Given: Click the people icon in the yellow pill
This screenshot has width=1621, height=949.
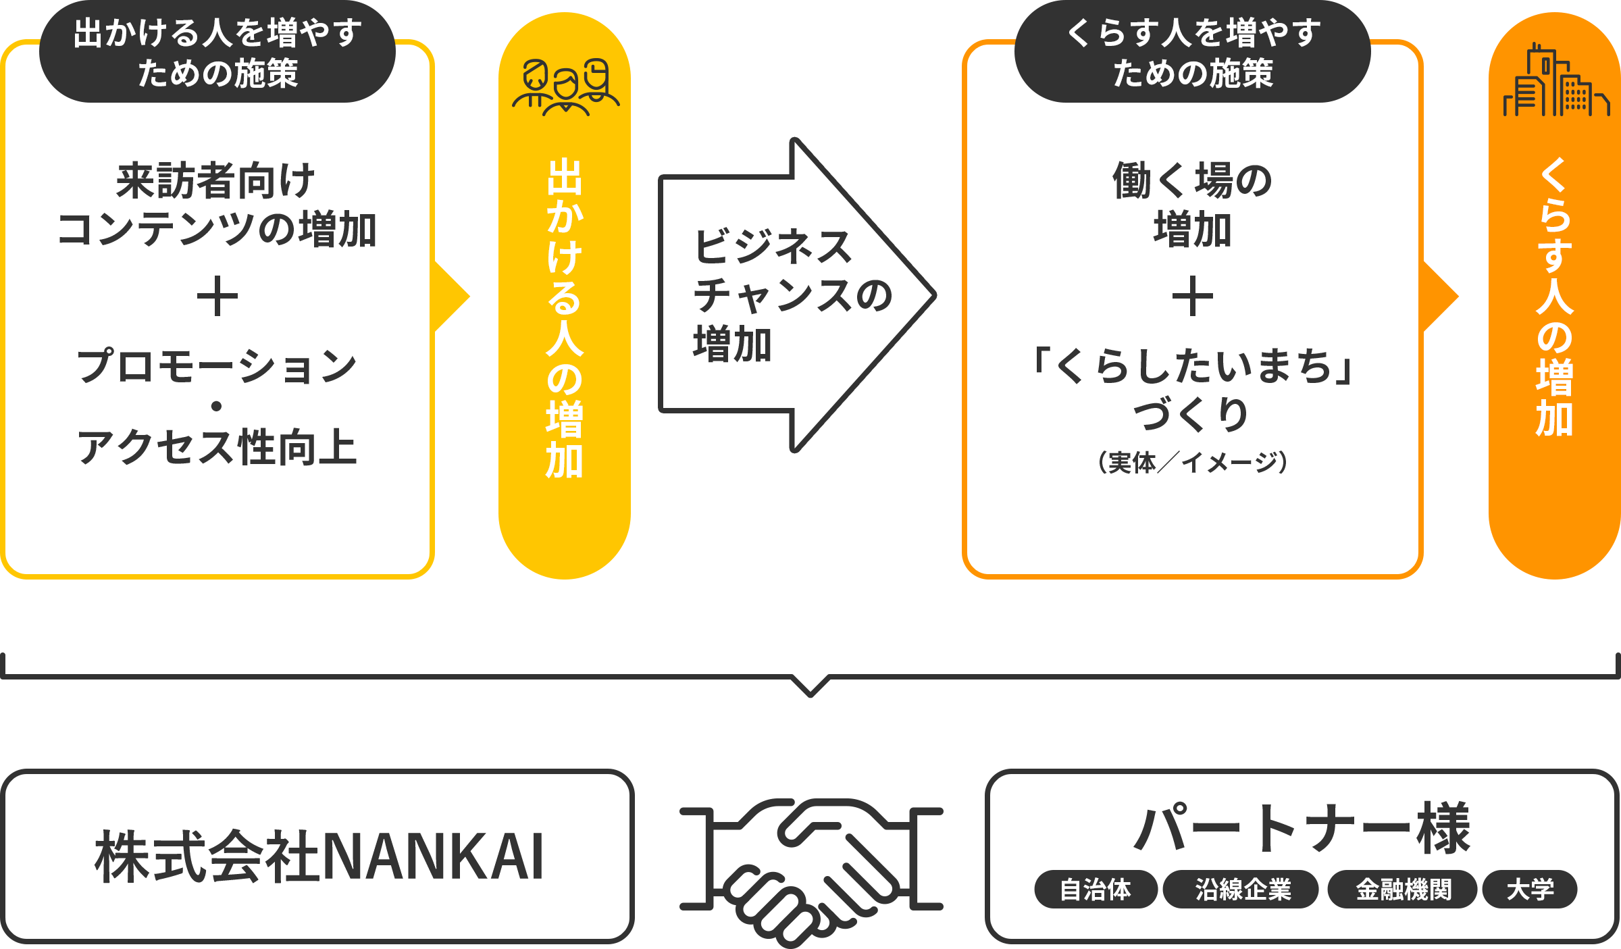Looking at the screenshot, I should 565,86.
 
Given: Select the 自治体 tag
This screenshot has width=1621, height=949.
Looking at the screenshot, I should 1095,890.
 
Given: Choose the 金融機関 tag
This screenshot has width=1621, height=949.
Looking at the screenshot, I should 1404,890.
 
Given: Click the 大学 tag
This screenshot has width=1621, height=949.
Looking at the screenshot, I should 1530,890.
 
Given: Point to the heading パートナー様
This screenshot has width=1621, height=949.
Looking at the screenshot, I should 1302,829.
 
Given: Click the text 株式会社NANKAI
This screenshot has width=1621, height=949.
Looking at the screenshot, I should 319,856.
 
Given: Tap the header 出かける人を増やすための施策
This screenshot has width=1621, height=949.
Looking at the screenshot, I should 217,53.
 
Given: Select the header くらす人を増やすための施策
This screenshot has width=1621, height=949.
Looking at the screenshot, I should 1193,53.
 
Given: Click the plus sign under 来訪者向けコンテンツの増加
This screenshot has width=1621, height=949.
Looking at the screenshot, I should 217,297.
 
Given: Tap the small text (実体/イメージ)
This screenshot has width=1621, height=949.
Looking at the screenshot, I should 1193,463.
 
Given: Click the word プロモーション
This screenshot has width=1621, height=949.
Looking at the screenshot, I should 217,367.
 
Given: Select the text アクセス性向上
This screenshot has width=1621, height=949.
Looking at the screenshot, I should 217,447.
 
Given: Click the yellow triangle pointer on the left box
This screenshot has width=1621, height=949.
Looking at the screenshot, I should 451,297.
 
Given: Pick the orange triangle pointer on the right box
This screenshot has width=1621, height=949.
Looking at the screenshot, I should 1440,297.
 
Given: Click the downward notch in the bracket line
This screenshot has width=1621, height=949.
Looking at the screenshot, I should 810,686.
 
